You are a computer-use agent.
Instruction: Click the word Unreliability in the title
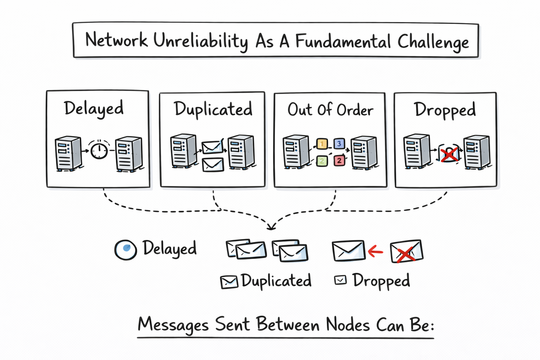200,41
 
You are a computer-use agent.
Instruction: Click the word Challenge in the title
433,42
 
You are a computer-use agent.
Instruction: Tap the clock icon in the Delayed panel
99,150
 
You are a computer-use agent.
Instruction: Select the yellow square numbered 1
322,144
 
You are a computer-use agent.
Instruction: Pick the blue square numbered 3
339,143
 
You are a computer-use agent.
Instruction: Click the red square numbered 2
339,161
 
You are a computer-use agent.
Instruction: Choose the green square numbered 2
322,161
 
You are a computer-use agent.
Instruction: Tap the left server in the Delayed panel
68,154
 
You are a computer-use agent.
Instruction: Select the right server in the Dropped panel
477,152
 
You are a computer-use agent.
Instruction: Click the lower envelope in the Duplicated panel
213,165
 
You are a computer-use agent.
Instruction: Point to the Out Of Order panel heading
330,110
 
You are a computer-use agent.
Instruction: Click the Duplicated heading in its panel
213,109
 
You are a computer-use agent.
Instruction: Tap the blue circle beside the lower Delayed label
126,250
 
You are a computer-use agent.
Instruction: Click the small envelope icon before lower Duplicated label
229,282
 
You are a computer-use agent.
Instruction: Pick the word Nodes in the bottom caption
348,324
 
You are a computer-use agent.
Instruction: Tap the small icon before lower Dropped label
340,280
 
